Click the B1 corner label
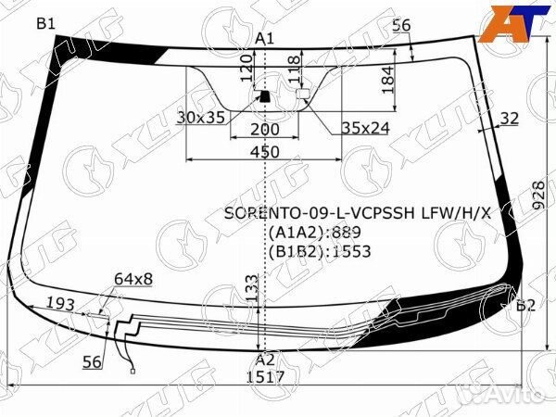46,24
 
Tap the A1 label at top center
265,38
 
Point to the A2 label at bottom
265,360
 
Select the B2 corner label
525,305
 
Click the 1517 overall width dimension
266,376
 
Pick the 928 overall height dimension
538,196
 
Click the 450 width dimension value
264,152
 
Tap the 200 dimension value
264,130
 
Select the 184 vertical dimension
388,80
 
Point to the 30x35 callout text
201,118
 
